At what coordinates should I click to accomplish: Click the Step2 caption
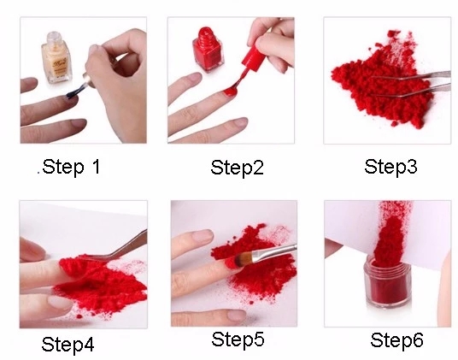237,168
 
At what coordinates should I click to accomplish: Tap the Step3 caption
390,167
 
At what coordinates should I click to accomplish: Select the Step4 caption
68,345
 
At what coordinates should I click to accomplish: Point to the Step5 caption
238,339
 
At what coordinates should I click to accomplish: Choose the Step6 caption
396,340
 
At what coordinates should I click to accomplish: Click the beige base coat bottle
56,57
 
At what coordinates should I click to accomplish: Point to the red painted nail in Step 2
230,91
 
